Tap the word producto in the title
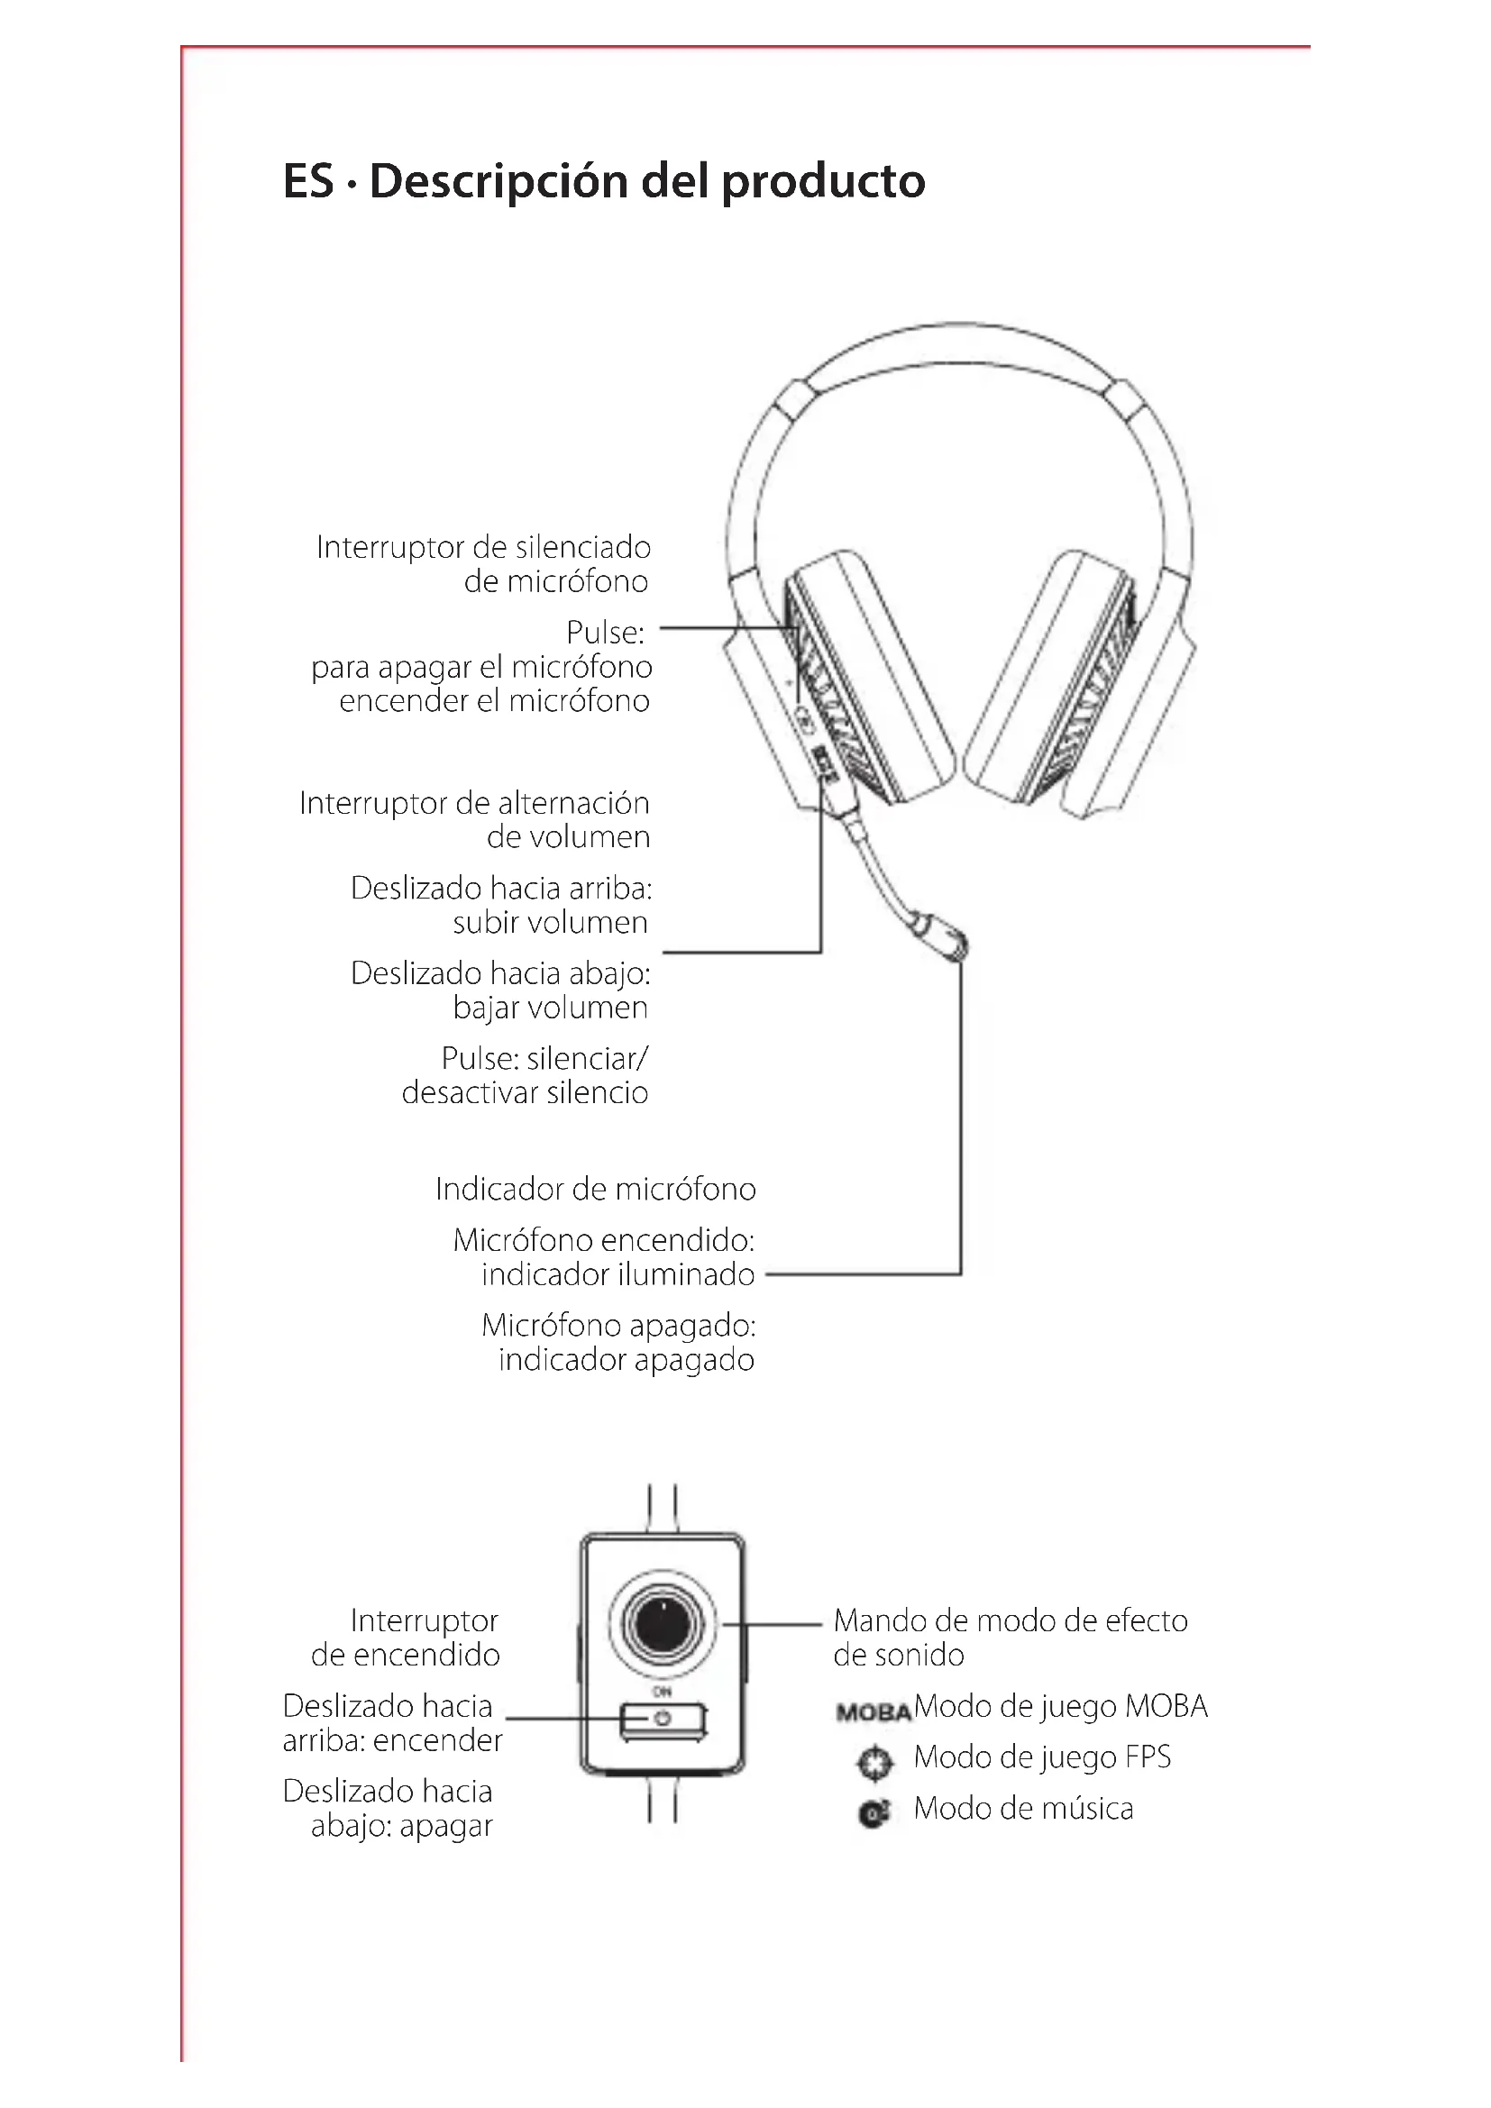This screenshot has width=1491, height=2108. point(823,181)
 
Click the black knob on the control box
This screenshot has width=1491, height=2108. point(662,1624)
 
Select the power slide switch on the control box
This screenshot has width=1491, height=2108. point(662,1718)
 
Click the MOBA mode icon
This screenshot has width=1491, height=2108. point(874,1711)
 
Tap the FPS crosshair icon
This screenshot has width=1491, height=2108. point(874,1762)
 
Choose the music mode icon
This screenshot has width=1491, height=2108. point(874,1813)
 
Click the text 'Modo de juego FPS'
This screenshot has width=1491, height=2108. point(1042,1757)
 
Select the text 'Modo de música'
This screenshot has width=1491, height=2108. point(1023,1809)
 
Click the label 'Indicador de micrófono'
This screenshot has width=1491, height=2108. point(595,1189)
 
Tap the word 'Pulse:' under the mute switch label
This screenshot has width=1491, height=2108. point(605,633)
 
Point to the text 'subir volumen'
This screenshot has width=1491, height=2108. point(550,923)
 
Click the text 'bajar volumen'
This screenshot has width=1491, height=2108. point(550,1008)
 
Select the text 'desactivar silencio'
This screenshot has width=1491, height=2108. point(525,1092)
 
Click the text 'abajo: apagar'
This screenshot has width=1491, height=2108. point(401,1826)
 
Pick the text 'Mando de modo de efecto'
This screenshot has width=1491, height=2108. point(1010,1620)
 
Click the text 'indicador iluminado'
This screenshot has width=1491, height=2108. point(617,1274)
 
